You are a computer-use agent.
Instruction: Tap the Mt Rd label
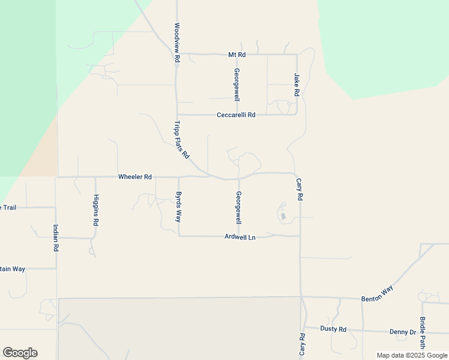coord(237,55)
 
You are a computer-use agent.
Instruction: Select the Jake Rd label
coord(297,85)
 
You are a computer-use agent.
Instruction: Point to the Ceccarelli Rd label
coord(236,115)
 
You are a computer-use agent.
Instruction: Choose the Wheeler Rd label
coord(135,177)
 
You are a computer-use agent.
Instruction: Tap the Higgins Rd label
coord(96,209)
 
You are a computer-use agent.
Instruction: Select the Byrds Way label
coord(178,206)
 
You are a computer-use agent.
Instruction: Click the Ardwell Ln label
coord(240,237)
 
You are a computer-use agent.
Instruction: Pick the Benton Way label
coord(377,294)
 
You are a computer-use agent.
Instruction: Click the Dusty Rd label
coord(333,329)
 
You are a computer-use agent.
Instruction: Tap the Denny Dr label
coord(402,332)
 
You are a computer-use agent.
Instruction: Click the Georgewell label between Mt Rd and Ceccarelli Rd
coord(237,85)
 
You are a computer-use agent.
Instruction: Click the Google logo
coord(20,353)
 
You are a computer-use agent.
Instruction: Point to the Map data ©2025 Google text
coord(411,355)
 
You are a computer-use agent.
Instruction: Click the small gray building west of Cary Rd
coord(284,216)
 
